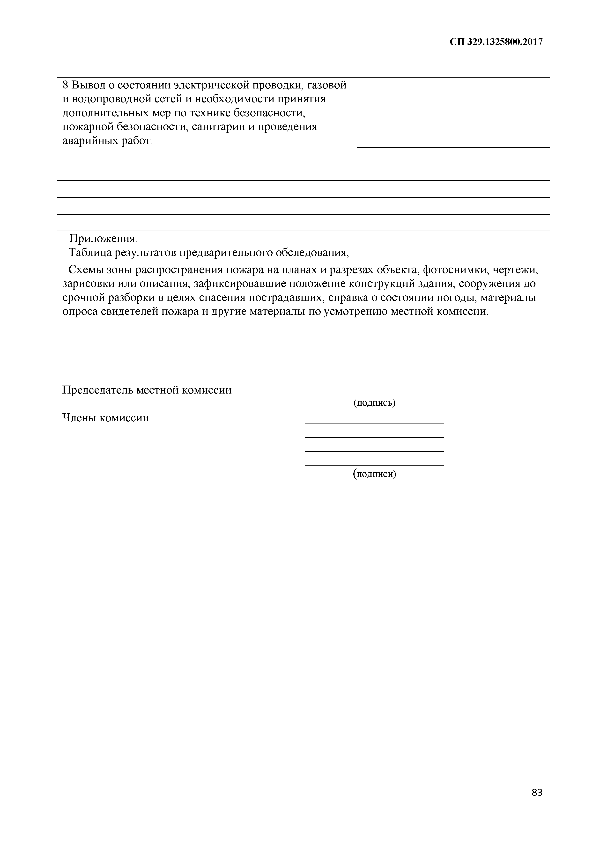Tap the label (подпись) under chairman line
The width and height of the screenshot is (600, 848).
pyautogui.click(x=374, y=402)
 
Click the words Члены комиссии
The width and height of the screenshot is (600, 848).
pyautogui.click(x=105, y=418)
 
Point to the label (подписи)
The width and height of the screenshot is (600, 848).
pyautogui.click(x=374, y=474)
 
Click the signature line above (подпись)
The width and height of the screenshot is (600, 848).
pyautogui.click(x=374, y=395)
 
